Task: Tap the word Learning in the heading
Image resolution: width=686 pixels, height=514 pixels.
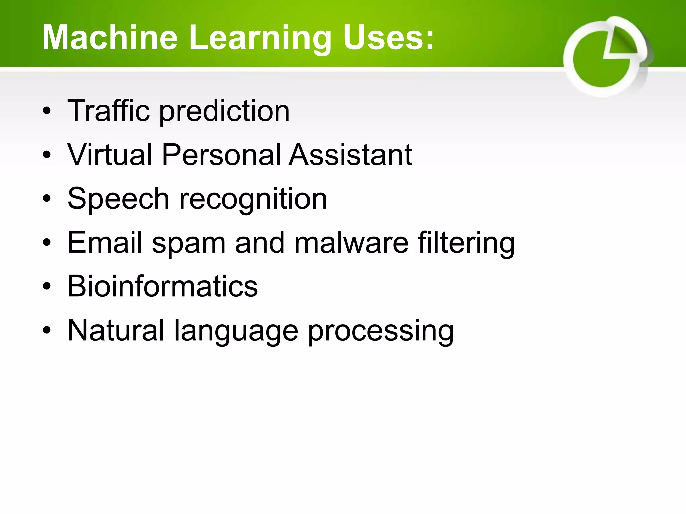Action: tap(260, 38)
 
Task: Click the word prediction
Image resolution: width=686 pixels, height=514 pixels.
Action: tap(224, 112)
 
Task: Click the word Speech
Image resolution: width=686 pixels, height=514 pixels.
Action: tap(118, 199)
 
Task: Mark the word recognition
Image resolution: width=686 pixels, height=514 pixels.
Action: tap(253, 200)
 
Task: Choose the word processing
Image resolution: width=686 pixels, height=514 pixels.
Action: tap(381, 331)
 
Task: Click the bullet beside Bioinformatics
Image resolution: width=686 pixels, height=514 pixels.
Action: tap(47, 286)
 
